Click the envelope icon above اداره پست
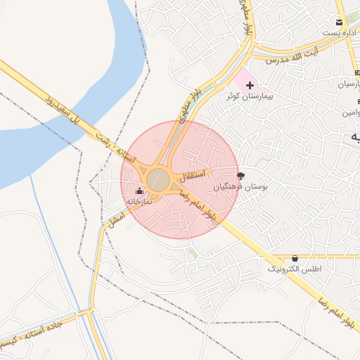340,22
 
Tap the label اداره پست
340,33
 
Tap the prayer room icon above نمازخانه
139,191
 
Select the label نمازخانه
139,201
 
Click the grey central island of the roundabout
159,180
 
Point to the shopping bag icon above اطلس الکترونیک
294,259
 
